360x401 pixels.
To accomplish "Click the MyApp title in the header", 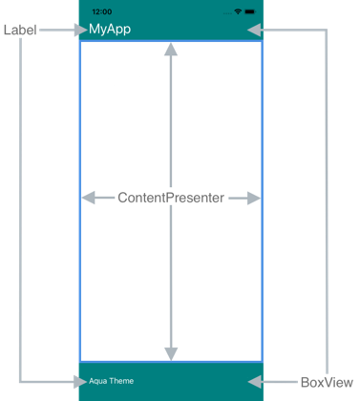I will pos(109,30).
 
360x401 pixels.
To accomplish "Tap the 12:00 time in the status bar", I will pos(102,11).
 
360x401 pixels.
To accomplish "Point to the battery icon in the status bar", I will pos(252,11).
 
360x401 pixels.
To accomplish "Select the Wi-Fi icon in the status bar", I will pos(238,11).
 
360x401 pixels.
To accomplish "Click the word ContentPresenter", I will pos(171,198).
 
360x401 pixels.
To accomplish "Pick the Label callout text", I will pos(19,30).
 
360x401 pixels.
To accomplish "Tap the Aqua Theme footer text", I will pos(111,382).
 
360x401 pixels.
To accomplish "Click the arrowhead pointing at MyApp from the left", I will pos(79,30).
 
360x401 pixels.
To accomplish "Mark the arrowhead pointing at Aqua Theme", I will pos(79,382).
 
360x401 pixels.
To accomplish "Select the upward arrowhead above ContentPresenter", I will pos(171,51).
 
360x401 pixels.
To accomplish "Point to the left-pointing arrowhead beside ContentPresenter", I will pos(89,198).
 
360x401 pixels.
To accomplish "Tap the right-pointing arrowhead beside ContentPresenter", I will pos(253,198).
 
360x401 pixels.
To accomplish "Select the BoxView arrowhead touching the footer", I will pos(256,382).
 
